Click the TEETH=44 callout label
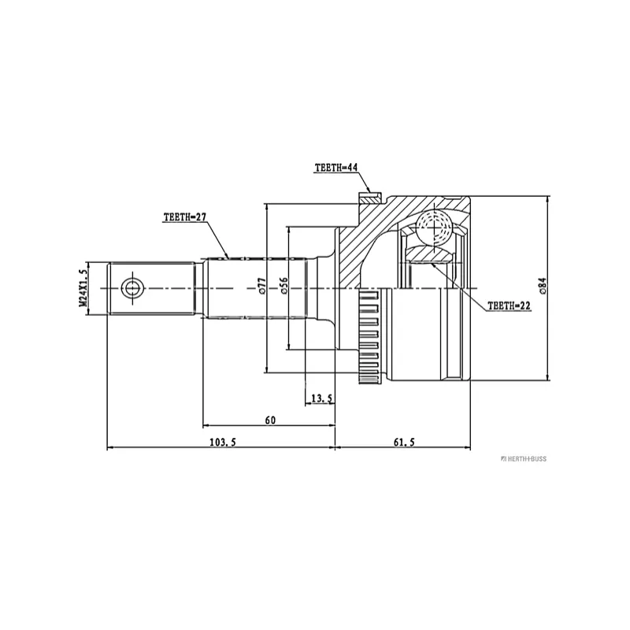click(x=336, y=168)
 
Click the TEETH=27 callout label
click(x=185, y=217)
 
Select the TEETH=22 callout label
click(x=509, y=306)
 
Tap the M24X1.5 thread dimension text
click(x=83, y=288)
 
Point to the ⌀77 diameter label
click(x=262, y=287)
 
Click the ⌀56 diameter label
click(x=283, y=287)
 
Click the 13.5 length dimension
click(x=322, y=398)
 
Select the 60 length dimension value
click(x=270, y=421)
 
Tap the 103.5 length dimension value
click(x=223, y=443)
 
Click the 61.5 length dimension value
click(x=404, y=443)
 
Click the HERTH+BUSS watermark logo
click(x=524, y=459)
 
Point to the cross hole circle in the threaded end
click(x=132, y=288)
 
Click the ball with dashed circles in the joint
click(x=435, y=228)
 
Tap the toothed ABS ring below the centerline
click(x=369, y=336)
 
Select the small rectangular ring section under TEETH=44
click(x=370, y=198)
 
